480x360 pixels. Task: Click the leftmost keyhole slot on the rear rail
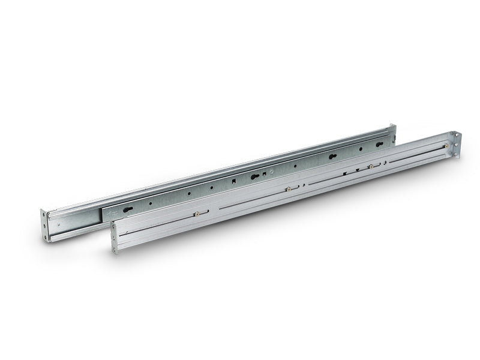(128, 209)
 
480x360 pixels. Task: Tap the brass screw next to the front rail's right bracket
(446, 146)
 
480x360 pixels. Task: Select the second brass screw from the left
(288, 189)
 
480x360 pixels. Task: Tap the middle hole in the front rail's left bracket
(113, 238)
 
